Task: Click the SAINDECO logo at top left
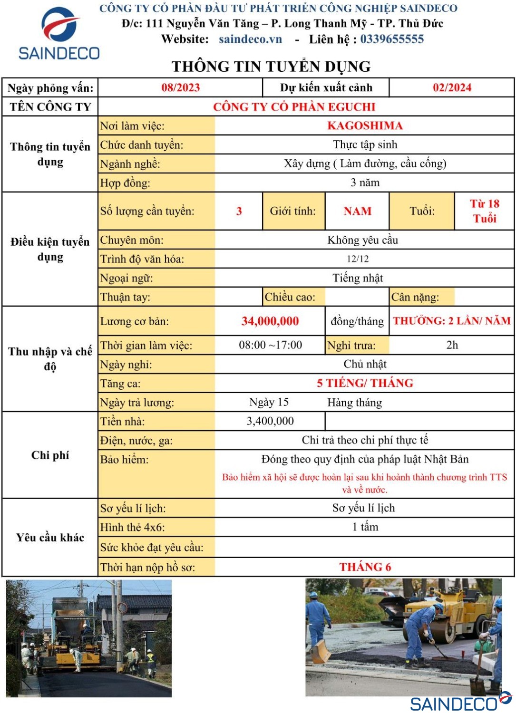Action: tap(59, 33)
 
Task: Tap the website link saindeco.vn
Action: tap(250, 39)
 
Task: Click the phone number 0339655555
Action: tap(391, 39)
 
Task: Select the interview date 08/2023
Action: tap(180, 87)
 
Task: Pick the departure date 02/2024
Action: tap(452, 87)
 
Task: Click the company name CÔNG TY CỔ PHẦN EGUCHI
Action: tap(294, 106)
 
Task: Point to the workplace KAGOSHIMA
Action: tap(365, 125)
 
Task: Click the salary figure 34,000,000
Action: tap(270, 321)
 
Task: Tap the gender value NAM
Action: tap(357, 211)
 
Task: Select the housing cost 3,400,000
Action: tap(270, 421)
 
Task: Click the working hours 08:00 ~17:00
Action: tap(270, 345)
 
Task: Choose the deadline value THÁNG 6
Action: tap(365, 567)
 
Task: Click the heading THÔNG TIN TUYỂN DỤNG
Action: tap(271, 67)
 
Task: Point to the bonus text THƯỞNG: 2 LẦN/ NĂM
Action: tap(451, 321)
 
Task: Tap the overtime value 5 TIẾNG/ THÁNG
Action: tap(365, 383)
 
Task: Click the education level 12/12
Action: tap(358, 259)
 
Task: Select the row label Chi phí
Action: tap(50, 455)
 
